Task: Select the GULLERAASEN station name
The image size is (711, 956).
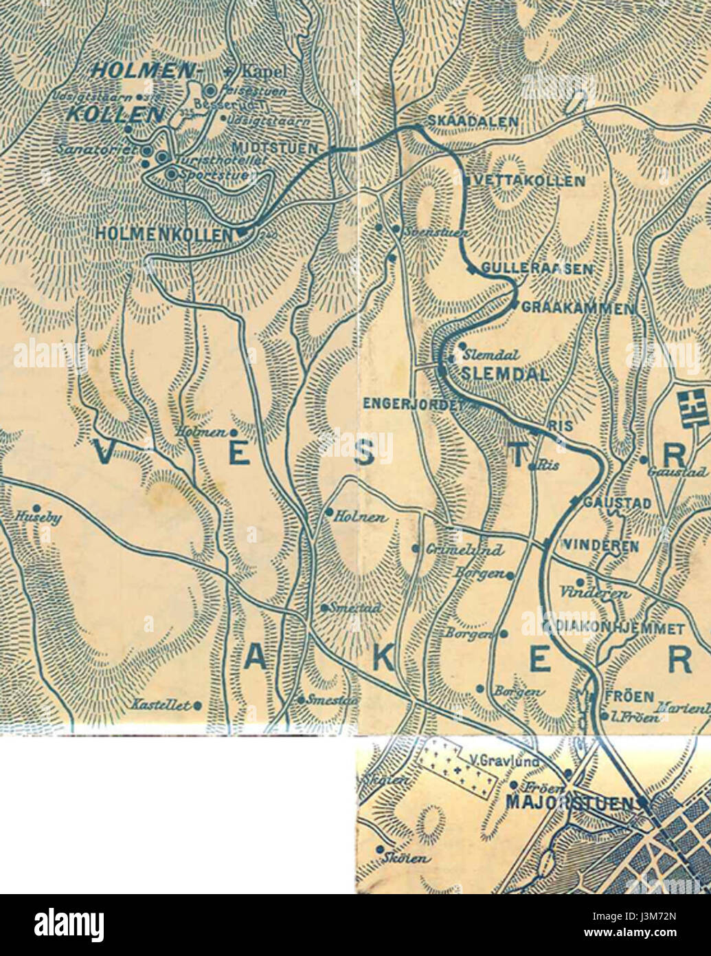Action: (537, 268)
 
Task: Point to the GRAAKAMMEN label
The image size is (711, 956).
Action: (578, 308)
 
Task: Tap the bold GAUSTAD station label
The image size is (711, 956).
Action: (616, 503)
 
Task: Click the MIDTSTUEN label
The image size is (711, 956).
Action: (275, 148)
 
